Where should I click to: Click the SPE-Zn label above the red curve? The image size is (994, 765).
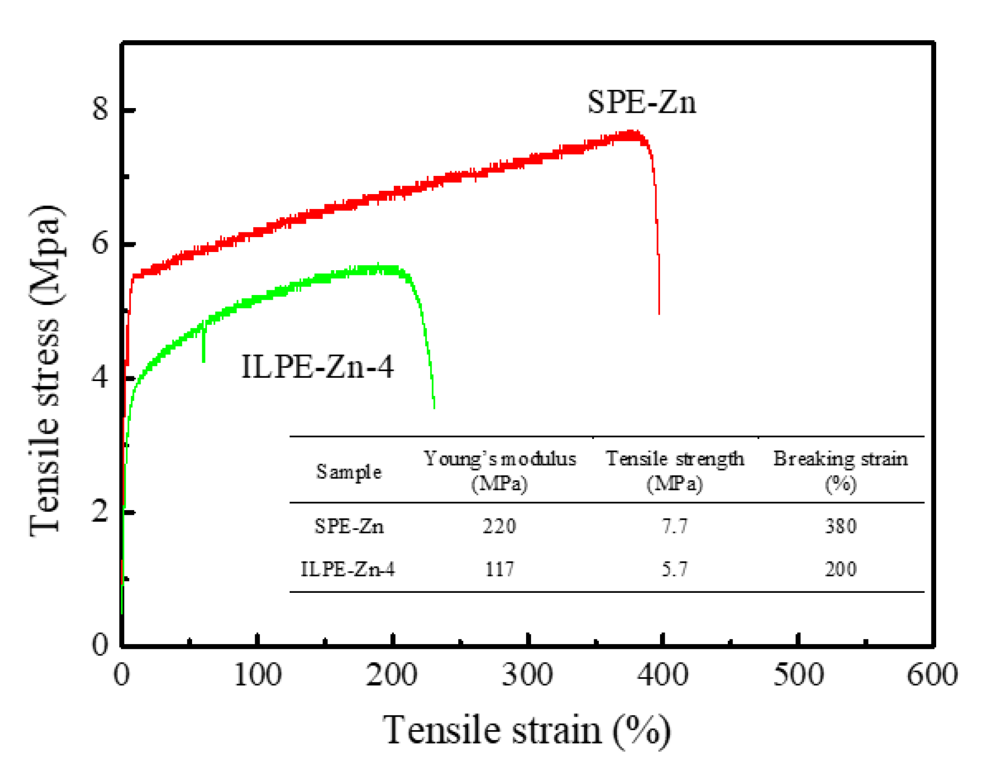coord(641,102)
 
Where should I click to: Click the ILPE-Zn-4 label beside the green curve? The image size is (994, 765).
coord(317,367)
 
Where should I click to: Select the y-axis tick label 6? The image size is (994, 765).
coord(100,243)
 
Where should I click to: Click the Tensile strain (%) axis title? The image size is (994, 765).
coord(527,730)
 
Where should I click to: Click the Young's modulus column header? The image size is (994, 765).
coord(500,470)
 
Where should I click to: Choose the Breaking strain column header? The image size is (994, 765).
coord(840,470)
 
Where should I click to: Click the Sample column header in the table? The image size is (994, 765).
coord(349,472)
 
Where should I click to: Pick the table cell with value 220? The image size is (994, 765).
coord(499,526)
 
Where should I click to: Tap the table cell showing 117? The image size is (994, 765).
coord(499,569)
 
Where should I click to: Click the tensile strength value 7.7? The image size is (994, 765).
coord(674,526)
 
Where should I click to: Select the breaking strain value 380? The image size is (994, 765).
coord(841,526)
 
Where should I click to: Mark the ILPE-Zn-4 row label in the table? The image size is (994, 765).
coord(348,569)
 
